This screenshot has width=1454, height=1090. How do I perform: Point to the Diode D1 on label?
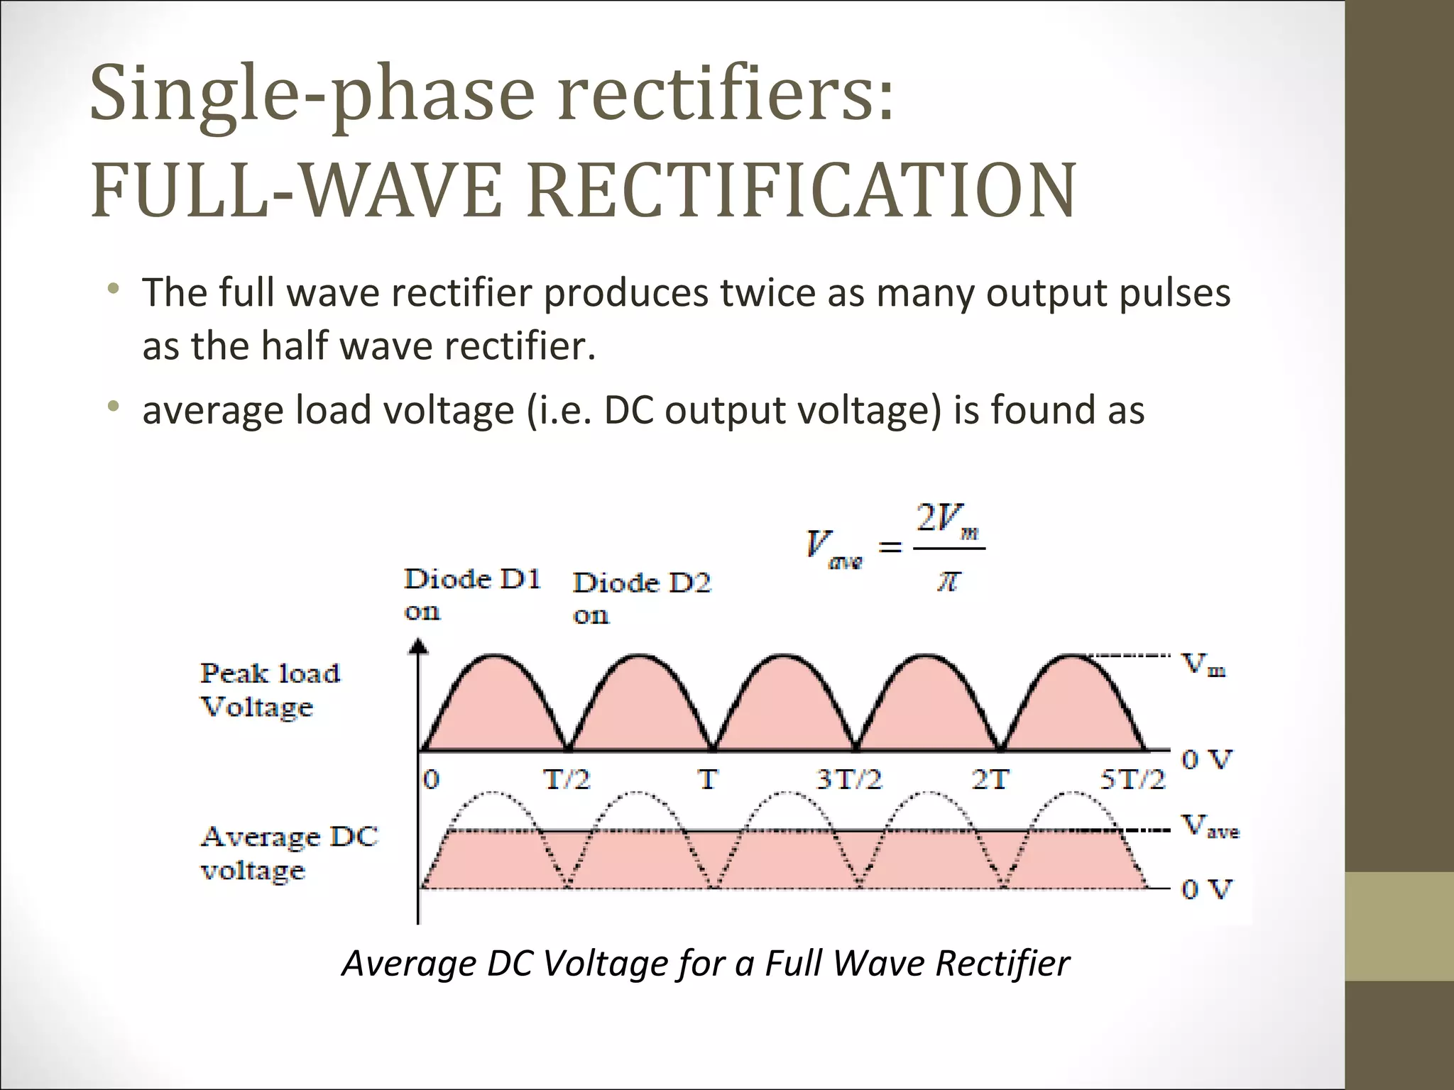tap(472, 594)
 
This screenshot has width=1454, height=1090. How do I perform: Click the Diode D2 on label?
tap(642, 598)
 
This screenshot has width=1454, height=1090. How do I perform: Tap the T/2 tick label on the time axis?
tap(567, 780)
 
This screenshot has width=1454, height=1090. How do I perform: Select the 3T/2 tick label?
tap(849, 780)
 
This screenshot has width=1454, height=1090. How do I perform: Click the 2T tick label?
tap(990, 780)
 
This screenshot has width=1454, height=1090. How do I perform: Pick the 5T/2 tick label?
tap(1133, 780)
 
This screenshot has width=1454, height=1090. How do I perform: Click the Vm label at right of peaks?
tap(1203, 665)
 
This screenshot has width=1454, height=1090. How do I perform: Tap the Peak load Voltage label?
tap(270, 690)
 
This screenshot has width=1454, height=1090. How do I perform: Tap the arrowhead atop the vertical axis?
tap(420, 645)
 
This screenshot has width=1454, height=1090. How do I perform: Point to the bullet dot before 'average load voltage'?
tap(112, 407)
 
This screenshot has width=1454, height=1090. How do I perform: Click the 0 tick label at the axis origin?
tap(431, 780)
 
